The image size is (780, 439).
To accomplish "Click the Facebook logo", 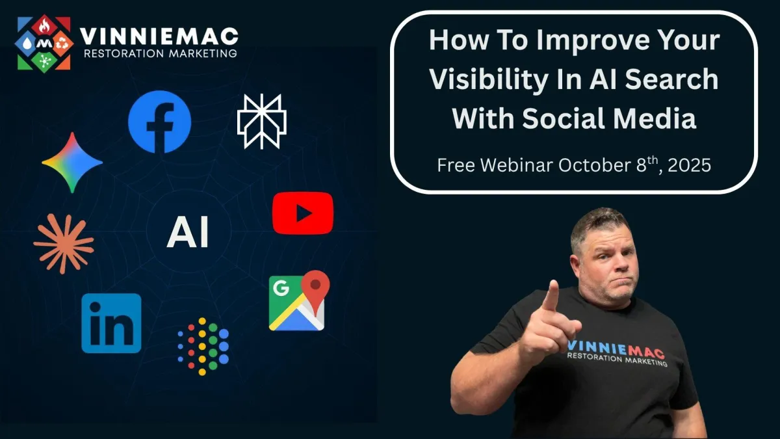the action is [159, 122].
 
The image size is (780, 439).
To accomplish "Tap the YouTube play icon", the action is [303, 213].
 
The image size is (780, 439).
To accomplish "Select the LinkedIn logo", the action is [111, 323].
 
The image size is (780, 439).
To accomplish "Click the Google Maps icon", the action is [299, 300].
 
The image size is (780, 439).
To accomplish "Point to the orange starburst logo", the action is [64, 244].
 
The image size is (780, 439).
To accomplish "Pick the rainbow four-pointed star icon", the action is [72, 163].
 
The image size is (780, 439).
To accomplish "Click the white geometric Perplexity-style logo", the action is [262, 121].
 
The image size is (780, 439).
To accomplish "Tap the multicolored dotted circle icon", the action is [203, 347].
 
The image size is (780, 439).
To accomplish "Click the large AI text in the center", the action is [188, 232].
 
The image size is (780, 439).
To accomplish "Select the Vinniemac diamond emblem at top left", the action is [44, 44].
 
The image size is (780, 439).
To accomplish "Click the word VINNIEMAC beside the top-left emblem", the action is [159, 36].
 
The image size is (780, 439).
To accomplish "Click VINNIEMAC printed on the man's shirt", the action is [616, 350].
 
